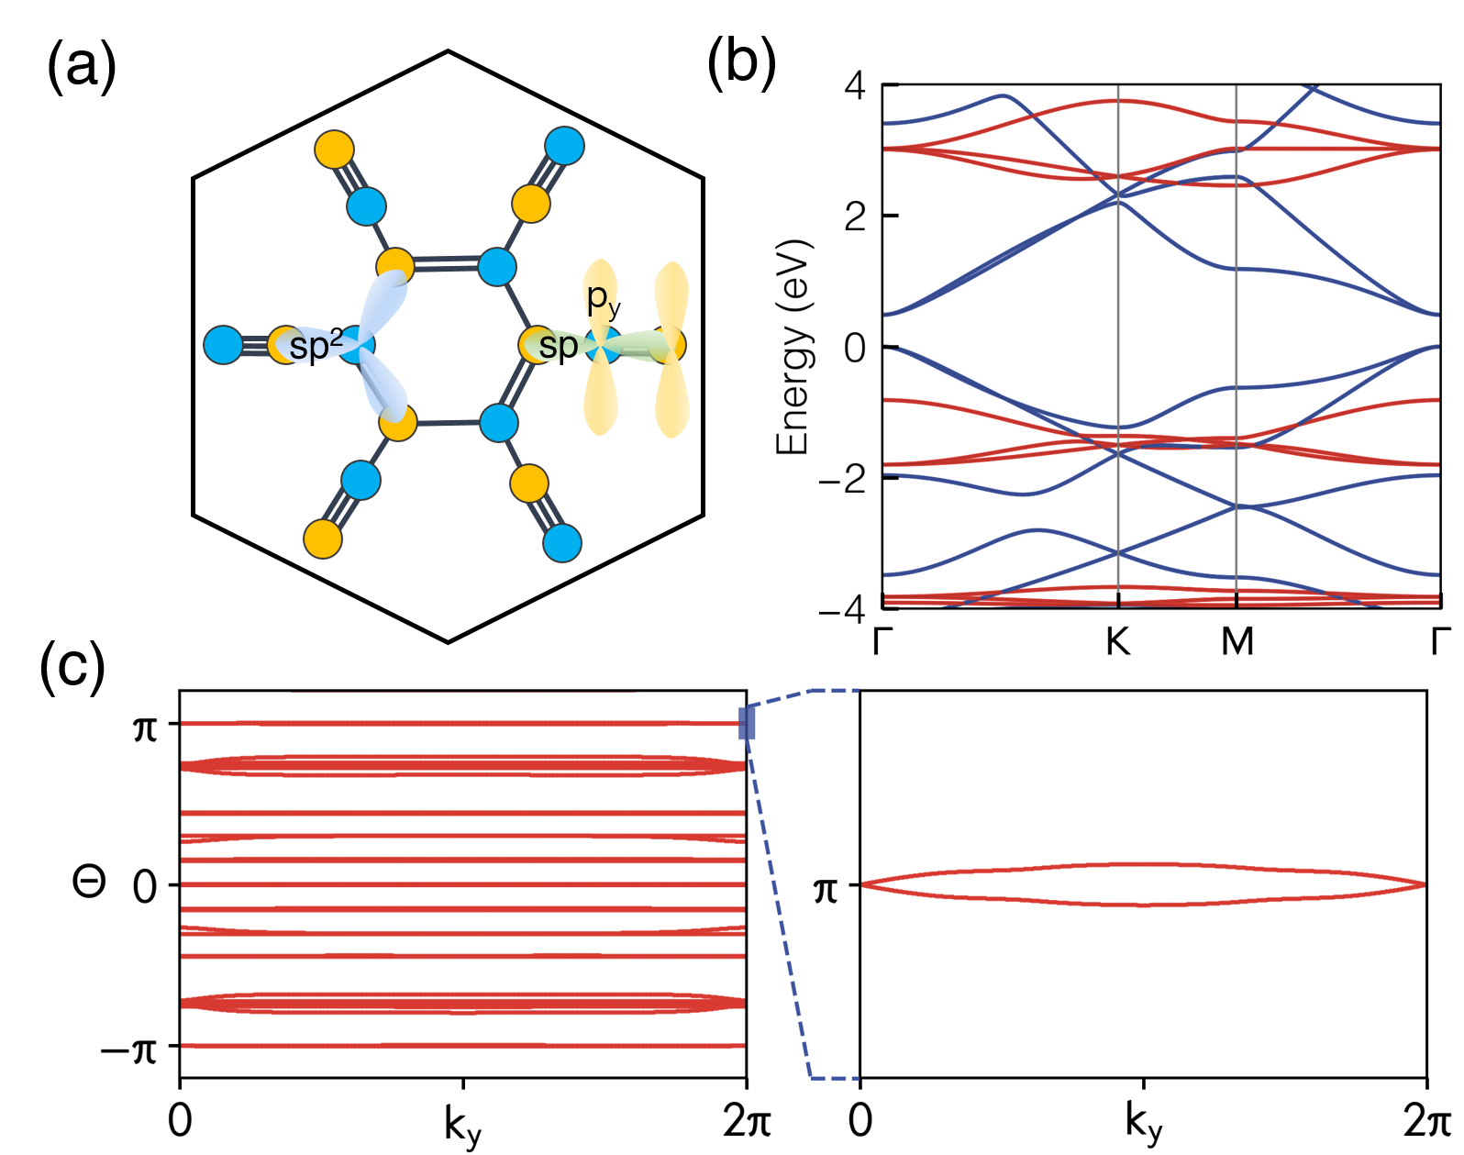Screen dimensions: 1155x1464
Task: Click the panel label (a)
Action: (81, 66)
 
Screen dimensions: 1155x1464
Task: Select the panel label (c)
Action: (72, 666)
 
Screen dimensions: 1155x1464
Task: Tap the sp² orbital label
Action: (315, 346)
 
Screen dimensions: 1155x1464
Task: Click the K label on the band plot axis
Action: (1117, 641)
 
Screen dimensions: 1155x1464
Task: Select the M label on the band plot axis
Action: (1237, 641)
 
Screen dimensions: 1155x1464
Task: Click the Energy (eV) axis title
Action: (793, 348)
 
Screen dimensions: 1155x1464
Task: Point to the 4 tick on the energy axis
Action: (854, 86)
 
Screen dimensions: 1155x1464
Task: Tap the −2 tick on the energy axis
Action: (841, 478)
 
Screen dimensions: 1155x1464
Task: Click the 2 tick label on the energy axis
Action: (854, 217)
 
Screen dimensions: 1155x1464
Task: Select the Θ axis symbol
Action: (89, 882)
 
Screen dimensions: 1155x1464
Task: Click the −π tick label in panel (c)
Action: (129, 1048)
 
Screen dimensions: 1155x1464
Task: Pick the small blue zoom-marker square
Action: (747, 723)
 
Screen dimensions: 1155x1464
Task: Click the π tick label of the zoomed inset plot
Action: (826, 888)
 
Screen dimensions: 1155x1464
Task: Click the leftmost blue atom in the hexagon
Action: (223, 346)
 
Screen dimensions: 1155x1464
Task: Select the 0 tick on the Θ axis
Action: (145, 887)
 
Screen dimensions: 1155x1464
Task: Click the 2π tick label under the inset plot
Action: (1425, 1121)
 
